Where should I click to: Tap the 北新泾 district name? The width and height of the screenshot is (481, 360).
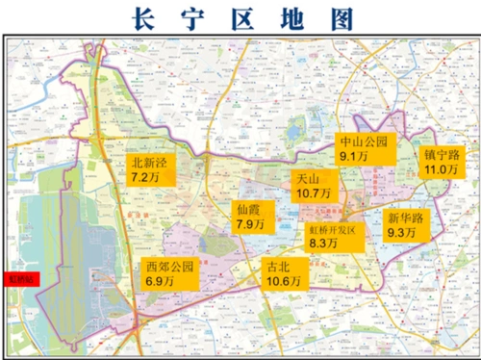point(149,163)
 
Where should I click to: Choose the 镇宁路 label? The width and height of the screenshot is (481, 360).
point(442,154)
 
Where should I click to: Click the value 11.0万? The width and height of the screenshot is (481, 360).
point(441,169)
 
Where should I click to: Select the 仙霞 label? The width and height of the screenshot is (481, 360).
point(249,209)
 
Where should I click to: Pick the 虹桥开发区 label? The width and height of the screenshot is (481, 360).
point(332,230)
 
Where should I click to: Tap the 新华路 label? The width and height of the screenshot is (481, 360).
point(403,218)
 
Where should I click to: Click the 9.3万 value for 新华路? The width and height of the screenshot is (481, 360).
point(403,233)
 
